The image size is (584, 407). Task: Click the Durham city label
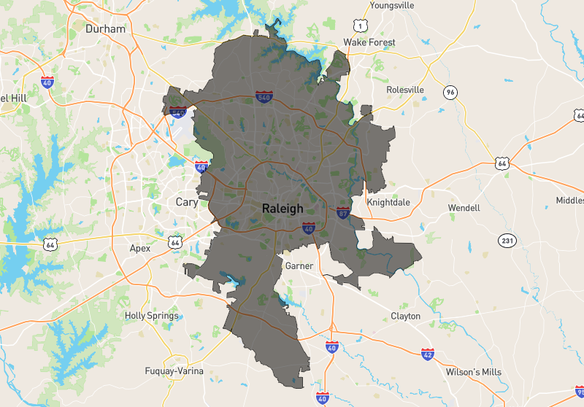coord(106,29)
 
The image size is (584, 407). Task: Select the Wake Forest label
coord(369,42)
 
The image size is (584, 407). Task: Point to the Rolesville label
coord(404,90)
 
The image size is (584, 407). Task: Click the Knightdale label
coord(390,202)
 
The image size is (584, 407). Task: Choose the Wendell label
coord(464,208)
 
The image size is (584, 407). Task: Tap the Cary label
coord(187,202)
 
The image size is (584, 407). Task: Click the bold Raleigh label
coord(283,209)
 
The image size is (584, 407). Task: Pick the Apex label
coord(140,248)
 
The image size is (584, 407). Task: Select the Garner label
coord(299,266)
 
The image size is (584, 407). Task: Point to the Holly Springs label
coord(152,316)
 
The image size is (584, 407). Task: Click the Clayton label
coord(405,316)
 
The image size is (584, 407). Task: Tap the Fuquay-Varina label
coord(174,371)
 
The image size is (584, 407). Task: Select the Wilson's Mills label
coord(474,371)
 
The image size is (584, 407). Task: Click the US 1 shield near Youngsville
coord(359,26)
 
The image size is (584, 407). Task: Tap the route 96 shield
coord(450,92)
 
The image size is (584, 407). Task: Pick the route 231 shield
coord(507,240)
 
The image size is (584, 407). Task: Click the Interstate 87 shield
coord(343,212)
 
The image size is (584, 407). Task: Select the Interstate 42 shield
coord(427,354)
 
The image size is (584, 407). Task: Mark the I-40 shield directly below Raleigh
coord(309,228)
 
